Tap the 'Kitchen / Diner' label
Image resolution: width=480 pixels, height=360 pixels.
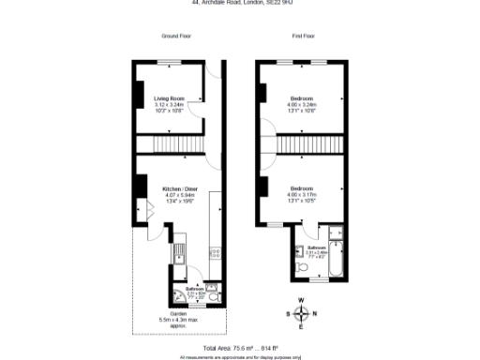(179, 187)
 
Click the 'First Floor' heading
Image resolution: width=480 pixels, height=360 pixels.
(302, 36)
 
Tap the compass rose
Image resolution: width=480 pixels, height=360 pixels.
(300, 313)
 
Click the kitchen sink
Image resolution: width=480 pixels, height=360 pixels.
(176, 251)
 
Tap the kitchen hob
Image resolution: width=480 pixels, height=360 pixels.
(215, 251)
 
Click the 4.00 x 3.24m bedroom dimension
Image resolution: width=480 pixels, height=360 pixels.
(302, 104)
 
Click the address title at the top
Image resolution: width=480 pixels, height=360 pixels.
(240, 3)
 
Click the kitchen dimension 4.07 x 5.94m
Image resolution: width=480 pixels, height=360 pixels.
(179, 194)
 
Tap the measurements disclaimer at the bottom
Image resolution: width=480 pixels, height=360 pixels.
(240, 356)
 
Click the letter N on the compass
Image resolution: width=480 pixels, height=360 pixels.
(314, 313)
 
